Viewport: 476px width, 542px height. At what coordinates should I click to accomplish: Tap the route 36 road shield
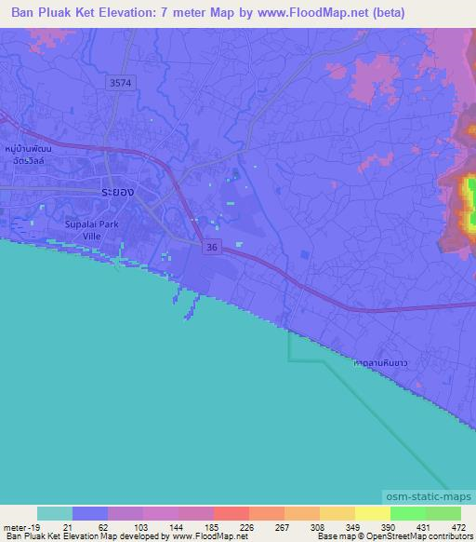pyautogui.click(x=212, y=246)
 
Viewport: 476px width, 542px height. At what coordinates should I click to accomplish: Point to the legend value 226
pyautogui.click(x=220, y=526)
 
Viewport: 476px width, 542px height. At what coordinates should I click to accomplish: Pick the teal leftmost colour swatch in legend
pyautogui.click(x=55, y=513)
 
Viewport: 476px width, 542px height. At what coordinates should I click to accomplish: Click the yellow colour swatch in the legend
pyautogui.click(x=372, y=513)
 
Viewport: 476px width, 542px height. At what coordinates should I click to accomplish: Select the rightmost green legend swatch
pyautogui.click(x=443, y=513)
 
